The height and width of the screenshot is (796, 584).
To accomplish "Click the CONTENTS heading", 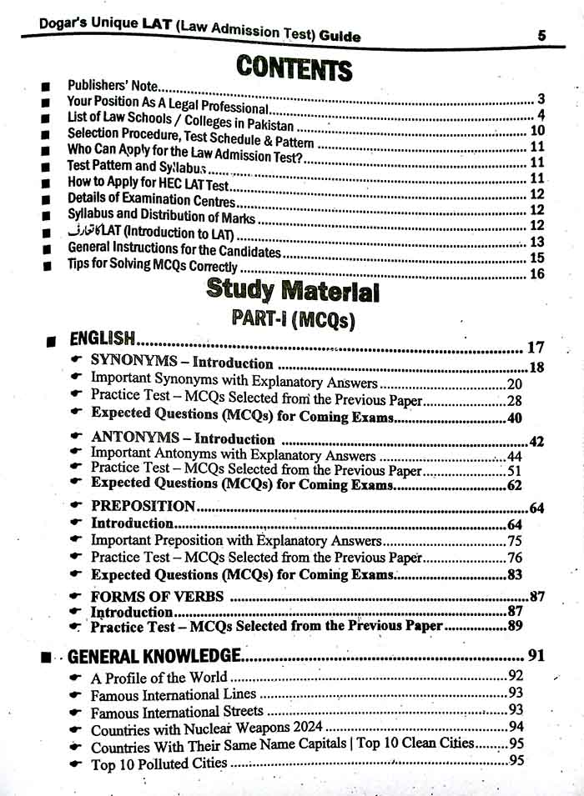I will tap(294, 68).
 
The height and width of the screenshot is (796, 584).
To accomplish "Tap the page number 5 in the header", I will tap(541, 35).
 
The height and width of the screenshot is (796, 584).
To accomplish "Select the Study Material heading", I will tap(292, 291).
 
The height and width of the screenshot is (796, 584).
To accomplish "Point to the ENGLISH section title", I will tap(102, 338).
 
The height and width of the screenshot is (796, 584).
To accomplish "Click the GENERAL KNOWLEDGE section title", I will tap(154, 656).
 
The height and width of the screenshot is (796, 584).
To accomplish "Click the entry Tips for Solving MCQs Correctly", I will tap(153, 268).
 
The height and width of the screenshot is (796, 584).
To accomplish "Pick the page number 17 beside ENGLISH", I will tap(535, 348).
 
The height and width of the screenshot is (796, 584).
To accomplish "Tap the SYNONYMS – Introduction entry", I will tap(182, 363).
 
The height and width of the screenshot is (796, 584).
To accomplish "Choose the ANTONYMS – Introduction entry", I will tap(183, 438).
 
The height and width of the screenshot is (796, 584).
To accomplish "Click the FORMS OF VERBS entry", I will tap(157, 596).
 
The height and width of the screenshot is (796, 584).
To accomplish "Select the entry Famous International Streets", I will tap(177, 712).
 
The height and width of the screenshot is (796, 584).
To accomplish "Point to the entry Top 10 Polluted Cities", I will tap(159, 763).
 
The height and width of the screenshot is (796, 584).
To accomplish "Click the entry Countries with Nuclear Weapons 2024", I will tap(205, 729).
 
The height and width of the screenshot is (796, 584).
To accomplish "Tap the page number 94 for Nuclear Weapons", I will tap(516, 728).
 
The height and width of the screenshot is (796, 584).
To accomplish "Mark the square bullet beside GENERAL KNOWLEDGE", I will tap(46, 658).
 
